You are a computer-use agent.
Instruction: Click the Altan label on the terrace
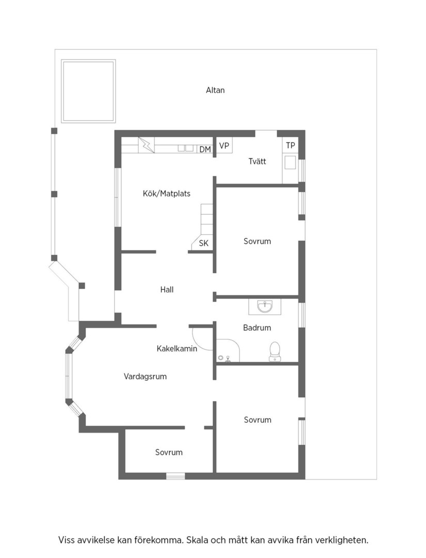click(215, 90)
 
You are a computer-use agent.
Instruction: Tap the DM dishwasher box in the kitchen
click(205, 149)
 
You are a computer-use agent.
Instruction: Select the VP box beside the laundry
click(224, 146)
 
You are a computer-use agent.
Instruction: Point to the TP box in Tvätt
click(290, 145)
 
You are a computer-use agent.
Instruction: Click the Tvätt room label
click(257, 161)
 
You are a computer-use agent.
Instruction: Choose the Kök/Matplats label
click(166, 194)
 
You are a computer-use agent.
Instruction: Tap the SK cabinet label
click(204, 243)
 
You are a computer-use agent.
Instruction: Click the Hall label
click(167, 290)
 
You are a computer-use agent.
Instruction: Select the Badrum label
click(257, 328)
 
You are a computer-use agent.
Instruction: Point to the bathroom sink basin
click(265, 306)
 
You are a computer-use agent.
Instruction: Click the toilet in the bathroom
click(275, 352)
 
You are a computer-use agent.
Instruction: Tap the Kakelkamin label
click(177, 349)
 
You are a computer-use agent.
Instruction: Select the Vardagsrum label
click(145, 377)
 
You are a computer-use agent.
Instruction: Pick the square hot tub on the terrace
click(88, 91)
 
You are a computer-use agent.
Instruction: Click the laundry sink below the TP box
click(290, 162)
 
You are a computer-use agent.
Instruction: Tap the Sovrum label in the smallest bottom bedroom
click(169, 452)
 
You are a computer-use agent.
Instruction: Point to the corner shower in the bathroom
click(228, 350)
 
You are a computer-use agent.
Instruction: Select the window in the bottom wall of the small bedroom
click(176, 476)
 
